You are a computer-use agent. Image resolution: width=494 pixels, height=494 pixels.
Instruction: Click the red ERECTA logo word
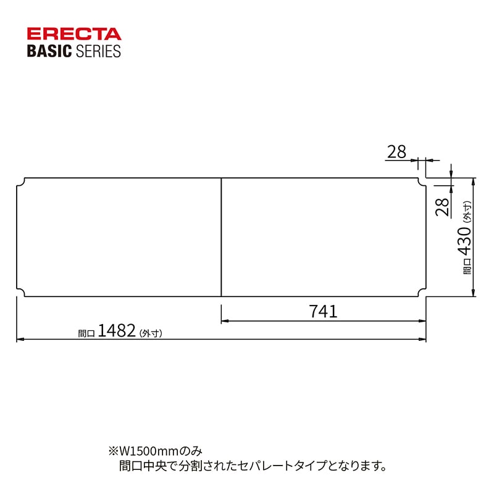(x=74, y=34)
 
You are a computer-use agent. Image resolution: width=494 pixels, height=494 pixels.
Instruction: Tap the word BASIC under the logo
(x=49, y=51)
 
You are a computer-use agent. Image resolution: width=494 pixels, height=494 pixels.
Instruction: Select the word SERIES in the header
(x=98, y=51)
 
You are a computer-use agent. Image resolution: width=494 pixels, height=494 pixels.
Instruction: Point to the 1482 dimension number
(x=116, y=331)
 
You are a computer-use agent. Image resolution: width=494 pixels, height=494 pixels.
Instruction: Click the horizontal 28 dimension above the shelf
(x=397, y=151)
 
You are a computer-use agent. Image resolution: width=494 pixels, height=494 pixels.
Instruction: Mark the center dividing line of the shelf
(x=221, y=238)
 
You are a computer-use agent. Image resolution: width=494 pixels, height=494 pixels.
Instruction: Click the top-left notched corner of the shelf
(x=20, y=183)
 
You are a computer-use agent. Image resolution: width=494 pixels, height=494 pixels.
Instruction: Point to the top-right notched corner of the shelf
(x=422, y=183)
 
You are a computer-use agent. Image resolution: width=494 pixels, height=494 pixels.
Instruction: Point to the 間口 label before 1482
(x=86, y=333)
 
